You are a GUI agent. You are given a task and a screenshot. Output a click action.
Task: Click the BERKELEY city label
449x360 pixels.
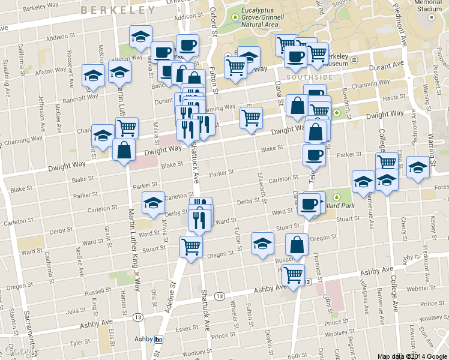[117, 10]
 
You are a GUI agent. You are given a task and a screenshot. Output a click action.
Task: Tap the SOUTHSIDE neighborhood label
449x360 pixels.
[309, 77]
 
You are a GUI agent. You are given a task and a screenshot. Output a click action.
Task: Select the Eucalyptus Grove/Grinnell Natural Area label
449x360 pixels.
[260, 18]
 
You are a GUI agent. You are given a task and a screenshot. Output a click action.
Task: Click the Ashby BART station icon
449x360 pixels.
[159, 339]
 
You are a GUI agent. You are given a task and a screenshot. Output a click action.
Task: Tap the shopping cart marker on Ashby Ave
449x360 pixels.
[294, 275]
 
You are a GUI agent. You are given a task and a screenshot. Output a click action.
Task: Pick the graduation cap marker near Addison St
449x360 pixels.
[140, 37]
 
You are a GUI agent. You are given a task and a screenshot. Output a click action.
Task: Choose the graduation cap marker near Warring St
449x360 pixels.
[418, 167]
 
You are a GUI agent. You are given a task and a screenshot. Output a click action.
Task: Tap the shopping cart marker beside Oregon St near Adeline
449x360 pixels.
[191, 246]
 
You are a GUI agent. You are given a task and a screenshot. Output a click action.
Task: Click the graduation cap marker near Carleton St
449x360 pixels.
[153, 203]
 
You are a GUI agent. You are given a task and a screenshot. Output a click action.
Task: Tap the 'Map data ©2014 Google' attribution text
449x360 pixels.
[412, 356]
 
